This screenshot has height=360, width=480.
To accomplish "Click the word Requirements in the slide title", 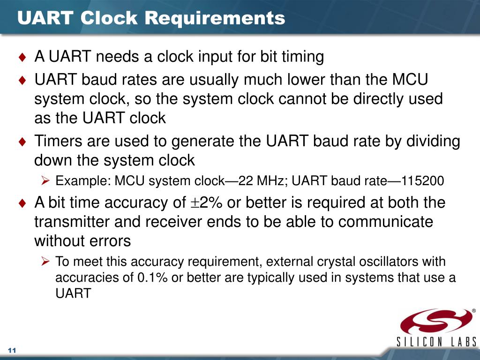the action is point(215,18).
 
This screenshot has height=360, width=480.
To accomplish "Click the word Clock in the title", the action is point(109,18).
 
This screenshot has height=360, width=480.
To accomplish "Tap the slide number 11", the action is point(12,350).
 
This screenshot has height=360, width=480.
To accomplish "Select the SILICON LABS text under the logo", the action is point(436,342).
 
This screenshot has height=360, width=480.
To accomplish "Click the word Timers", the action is point(58,141).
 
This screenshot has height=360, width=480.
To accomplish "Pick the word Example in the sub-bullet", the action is point(82,181).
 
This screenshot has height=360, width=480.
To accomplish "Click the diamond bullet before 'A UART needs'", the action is point(22,57).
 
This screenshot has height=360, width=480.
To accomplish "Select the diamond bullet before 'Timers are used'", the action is point(22,142).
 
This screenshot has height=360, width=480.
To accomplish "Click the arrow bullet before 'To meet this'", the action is point(45,262).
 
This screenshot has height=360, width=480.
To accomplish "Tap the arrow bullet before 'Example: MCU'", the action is point(45,180).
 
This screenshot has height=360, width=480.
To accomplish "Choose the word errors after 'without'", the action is point(112,241).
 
